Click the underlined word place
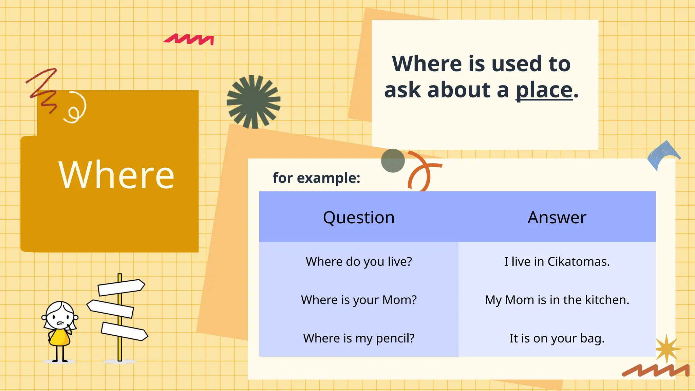tap(544, 90)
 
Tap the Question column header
tap(359, 217)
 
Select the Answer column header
tap(557, 217)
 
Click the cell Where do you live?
tap(359, 262)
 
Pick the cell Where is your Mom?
tap(359, 300)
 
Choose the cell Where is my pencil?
tap(359, 338)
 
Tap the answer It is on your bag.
tap(557, 338)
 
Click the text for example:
tap(316, 178)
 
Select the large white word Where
tap(116, 175)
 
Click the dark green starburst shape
tap(253, 101)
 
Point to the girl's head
tap(60, 316)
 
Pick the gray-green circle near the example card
tap(393, 161)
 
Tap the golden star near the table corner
tap(667, 349)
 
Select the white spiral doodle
tap(76, 108)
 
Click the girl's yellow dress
tap(60, 338)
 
